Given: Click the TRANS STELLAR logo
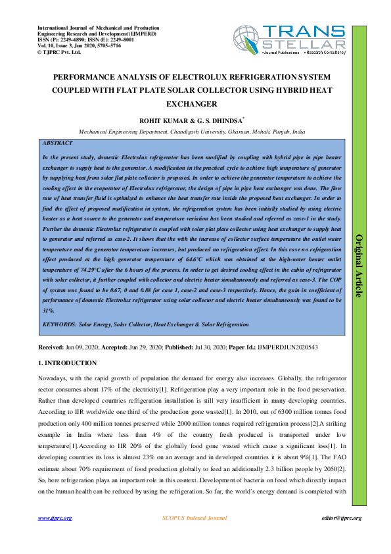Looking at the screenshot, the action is [x=289, y=41].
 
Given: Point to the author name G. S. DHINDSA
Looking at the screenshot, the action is [x=202, y=120].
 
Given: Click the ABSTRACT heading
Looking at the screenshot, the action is [x=57, y=143].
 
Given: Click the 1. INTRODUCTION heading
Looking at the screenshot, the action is [x=67, y=363].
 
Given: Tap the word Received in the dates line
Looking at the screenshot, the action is [x=49, y=346].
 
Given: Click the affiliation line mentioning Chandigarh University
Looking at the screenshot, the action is [x=192, y=132].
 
